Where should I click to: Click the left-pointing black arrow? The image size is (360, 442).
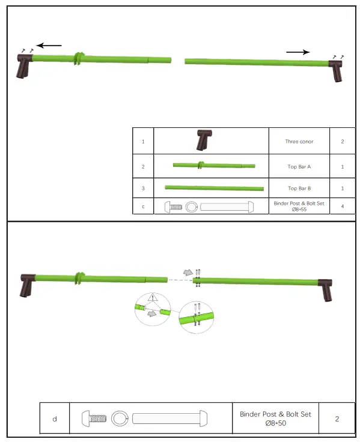pos(49,45)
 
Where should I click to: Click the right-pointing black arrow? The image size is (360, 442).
pos(297,52)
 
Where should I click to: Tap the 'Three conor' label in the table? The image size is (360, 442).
pos(299,142)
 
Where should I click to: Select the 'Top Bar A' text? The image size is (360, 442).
pos(299,166)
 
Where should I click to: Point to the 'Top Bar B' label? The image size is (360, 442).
pos(299,189)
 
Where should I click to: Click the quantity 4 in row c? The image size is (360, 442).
pos(342,207)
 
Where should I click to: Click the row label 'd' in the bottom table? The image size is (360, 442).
pos(55,418)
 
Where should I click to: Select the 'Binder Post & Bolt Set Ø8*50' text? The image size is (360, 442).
pos(275,418)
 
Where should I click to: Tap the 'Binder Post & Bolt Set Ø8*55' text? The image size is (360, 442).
pos(299,207)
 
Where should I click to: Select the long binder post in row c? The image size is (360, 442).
pos(225,207)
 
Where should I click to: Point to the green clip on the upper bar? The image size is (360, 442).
pos(78,59)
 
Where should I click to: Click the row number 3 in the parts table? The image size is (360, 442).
pos(143,189)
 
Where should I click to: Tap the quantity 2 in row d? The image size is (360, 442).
pos(337,418)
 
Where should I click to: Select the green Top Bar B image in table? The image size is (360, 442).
pos(214,187)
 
